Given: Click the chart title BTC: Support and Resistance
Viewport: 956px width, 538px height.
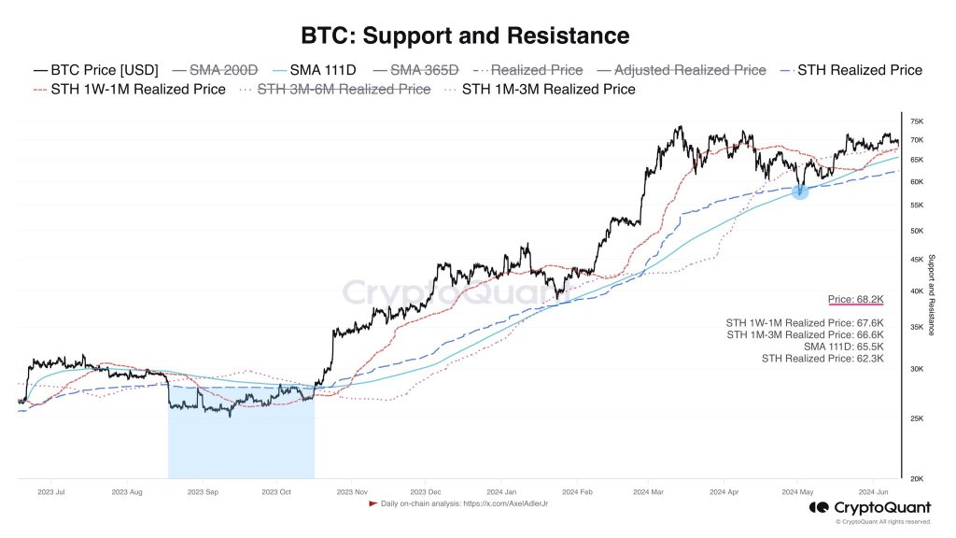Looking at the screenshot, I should pyautogui.click(x=464, y=35).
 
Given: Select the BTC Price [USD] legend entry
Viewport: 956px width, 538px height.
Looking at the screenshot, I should pyautogui.click(x=96, y=70).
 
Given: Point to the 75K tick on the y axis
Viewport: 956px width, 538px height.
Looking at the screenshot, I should pyautogui.click(x=917, y=121).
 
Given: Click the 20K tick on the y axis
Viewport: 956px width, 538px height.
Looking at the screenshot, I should pyautogui.click(x=917, y=478).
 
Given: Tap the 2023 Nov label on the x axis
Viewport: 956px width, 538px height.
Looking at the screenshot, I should pyautogui.click(x=352, y=490).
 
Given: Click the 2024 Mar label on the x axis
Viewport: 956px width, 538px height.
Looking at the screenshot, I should pyautogui.click(x=648, y=490).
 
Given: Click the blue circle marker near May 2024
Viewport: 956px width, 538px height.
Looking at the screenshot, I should pyautogui.click(x=800, y=191).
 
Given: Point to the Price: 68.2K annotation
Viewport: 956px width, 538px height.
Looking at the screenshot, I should pyautogui.click(x=855, y=300).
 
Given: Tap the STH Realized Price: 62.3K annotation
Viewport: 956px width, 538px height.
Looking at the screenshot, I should pyautogui.click(x=822, y=358).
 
